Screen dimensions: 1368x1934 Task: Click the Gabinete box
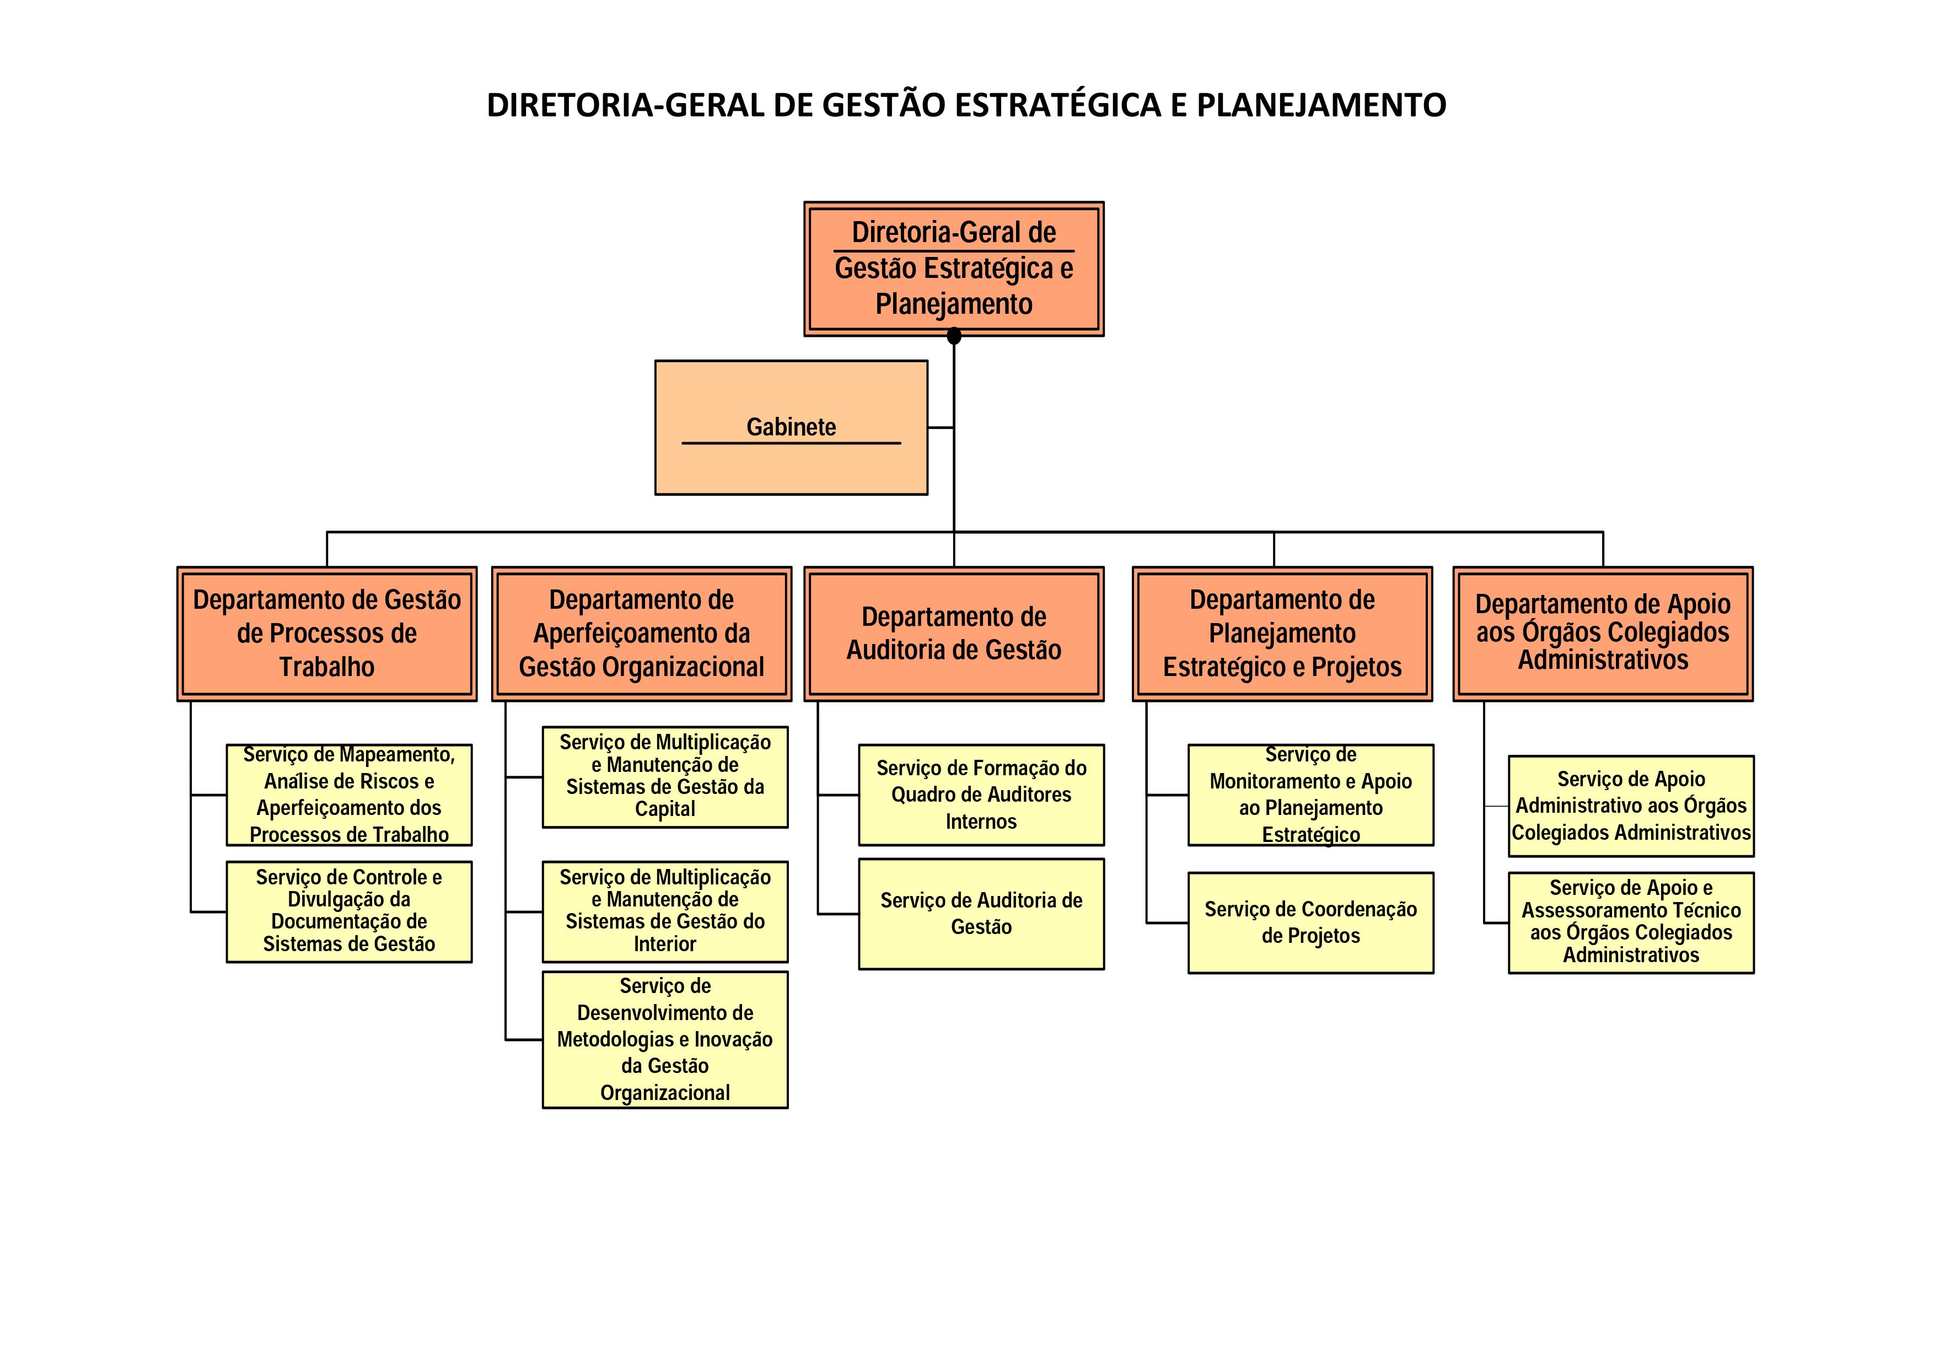[791, 427]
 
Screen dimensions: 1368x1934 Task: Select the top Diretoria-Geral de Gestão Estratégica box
[954, 269]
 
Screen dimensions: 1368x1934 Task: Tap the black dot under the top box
[954, 337]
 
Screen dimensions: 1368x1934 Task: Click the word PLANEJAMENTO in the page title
[1321, 105]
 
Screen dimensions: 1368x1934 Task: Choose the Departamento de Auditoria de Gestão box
[954, 634]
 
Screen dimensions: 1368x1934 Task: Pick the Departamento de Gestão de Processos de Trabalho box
[327, 634]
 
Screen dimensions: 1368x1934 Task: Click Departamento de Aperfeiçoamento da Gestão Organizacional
[641, 634]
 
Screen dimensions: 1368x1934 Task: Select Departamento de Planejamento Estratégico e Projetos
[1282, 634]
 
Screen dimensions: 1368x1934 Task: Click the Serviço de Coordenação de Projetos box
[1310, 922]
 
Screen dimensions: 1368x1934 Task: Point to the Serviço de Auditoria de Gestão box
[981, 914]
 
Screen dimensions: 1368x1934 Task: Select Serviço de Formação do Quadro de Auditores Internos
[981, 795]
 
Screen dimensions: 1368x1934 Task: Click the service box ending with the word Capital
[664, 777]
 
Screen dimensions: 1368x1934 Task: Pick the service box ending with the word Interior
[664, 911]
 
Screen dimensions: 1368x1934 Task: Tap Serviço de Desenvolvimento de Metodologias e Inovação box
[664, 1039]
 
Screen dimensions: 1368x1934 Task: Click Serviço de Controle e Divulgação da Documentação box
[349, 911]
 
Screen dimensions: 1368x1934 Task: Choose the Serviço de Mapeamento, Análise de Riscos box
[349, 795]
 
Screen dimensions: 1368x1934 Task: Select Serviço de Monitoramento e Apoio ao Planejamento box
[1310, 795]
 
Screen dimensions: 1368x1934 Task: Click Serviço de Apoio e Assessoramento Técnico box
[1631, 922]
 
